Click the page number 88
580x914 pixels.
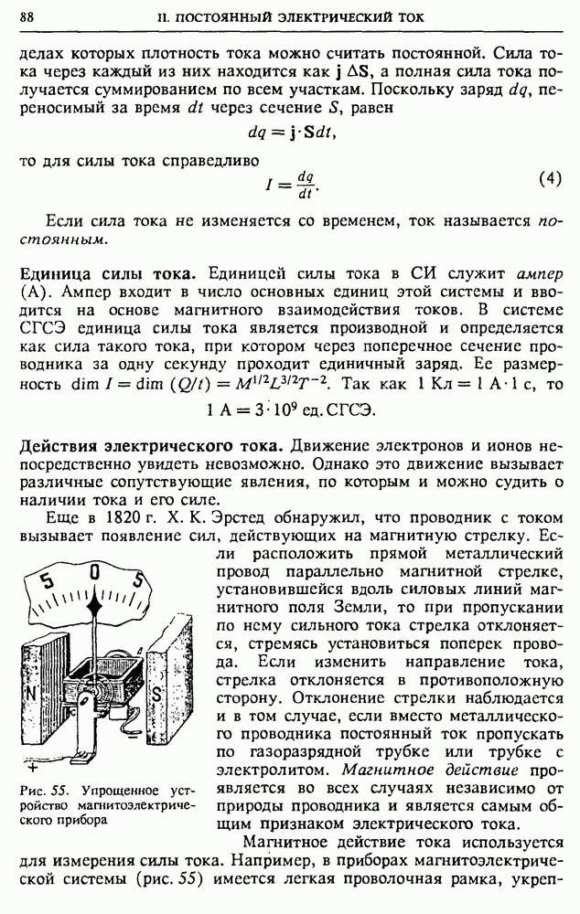pyautogui.click(x=27, y=17)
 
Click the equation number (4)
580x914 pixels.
pyautogui.click(x=550, y=179)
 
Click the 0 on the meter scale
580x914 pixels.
pyautogui.click(x=94, y=573)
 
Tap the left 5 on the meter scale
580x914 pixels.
pyautogui.click(x=48, y=582)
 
